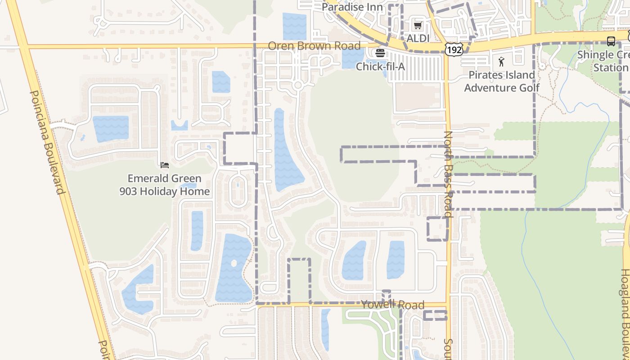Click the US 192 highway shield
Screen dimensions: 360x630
tap(454, 49)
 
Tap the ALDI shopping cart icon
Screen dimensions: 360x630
tap(418, 25)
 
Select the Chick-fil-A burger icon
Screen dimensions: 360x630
tap(380, 53)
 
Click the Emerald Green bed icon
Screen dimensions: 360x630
tap(165, 165)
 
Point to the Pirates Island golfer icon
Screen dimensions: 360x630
tap(501, 62)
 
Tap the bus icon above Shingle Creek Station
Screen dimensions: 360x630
tap(611, 41)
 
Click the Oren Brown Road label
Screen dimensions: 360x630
tap(314, 46)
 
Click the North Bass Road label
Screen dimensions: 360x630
tap(448, 174)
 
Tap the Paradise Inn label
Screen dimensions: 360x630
tap(352, 7)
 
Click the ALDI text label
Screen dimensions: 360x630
tap(418, 38)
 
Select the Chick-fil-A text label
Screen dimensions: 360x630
tap(381, 67)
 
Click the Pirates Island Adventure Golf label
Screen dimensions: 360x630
tap(502, 81)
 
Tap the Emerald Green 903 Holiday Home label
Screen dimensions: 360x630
tap(165, 185)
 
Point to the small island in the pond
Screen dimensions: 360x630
tap(233, 263)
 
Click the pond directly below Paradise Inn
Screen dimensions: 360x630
tap(294, 26)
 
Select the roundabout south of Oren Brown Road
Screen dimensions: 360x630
tap(297, 85)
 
